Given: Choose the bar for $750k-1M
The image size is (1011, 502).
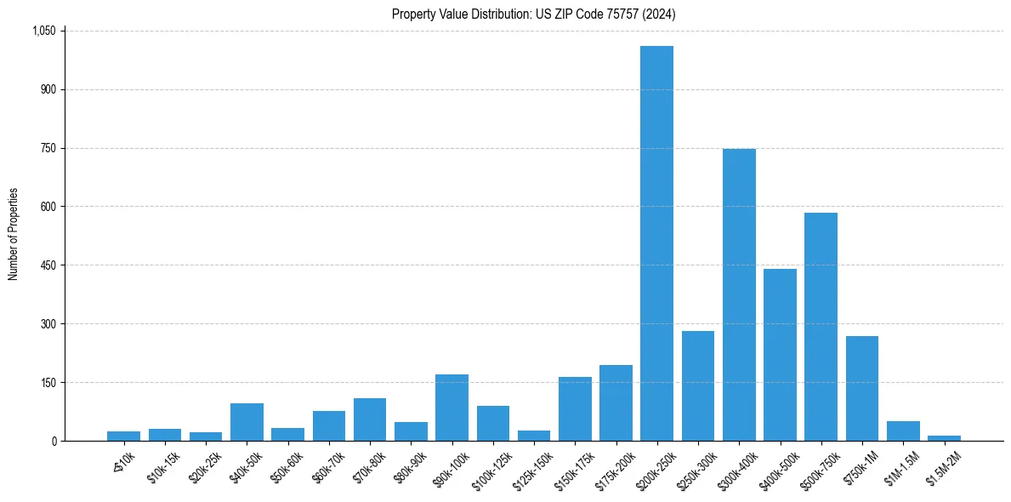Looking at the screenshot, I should point(862,388).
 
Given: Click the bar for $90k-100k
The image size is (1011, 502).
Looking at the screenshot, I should point(452,408).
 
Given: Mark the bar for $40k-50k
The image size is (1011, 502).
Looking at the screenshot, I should point(247,422).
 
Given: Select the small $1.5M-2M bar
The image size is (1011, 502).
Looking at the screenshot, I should point(944,437).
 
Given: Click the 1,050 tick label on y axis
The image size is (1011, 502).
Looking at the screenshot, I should point(43,31).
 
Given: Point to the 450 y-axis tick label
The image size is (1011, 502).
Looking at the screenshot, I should point(48,265).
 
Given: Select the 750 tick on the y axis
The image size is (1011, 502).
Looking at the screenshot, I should point(48,148).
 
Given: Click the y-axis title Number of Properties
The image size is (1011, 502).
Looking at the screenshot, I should point(14,234).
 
